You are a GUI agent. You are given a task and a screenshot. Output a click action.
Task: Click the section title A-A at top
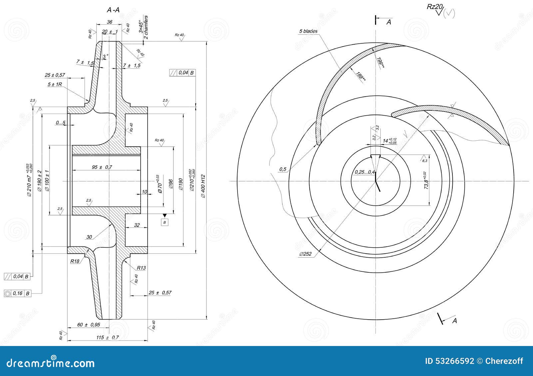(x=113, y=10)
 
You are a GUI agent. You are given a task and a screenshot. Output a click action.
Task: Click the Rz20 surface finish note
(x=434, y=7)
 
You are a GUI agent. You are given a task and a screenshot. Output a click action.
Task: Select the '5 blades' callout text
(x=308, y=31)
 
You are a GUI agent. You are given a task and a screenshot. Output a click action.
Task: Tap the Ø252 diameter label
(x=305, y=254)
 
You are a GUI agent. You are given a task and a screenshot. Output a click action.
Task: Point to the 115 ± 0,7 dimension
(x=107, y=337)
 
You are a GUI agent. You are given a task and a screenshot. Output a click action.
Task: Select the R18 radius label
(x=75, y=261)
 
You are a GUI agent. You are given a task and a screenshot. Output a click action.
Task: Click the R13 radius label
(x=141, y=268)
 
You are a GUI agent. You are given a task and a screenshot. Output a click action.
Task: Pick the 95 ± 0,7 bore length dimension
(x=102, y=167)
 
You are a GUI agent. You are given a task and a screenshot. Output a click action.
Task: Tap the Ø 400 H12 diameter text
(x=204, y=186)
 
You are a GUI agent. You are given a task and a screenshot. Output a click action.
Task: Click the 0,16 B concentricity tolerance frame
(x=18, y=294)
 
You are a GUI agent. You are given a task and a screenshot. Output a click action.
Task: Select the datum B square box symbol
(x=165, y=222)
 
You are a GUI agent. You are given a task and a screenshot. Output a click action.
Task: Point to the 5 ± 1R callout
(x=55, y=84)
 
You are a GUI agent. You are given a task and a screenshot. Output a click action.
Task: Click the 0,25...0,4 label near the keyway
(x=364, y=172)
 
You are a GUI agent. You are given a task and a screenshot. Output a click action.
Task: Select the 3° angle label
(x=105, y=57)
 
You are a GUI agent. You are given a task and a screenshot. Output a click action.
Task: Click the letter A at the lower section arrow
(x=454, y=321)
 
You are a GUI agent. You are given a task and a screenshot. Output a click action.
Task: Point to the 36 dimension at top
(x=109, y=22)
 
